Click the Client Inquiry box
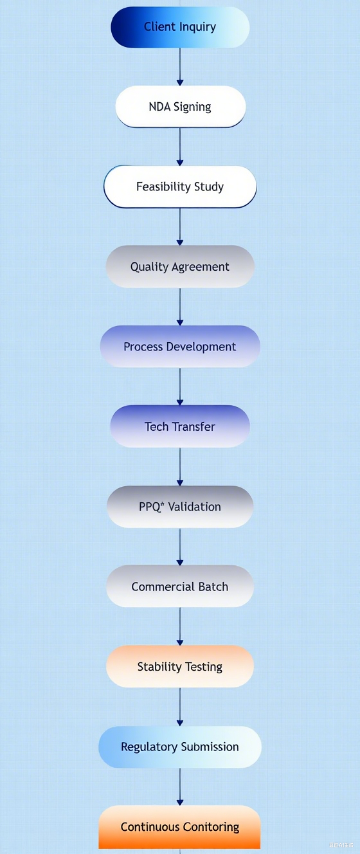180,27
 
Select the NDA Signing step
180,107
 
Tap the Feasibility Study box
180,187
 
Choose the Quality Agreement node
180,267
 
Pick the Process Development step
180,347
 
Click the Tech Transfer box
180,426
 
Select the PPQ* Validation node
180,507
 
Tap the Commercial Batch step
180,586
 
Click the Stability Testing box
180,667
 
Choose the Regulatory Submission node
180,747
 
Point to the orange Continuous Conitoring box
180,827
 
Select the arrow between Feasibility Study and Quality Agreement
180,226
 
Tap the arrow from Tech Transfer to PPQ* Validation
180,466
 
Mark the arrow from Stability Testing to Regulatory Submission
180,706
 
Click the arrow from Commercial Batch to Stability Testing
180,626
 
